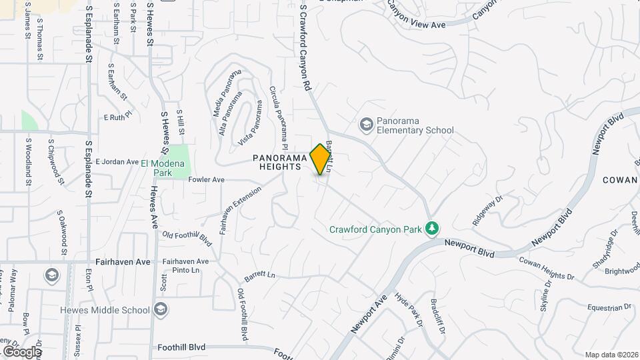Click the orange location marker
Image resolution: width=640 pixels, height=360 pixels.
click(320, 159)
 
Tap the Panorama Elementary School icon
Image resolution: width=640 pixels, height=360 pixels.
click(365, 124)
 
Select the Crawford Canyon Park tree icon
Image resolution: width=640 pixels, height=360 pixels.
click(432, 229)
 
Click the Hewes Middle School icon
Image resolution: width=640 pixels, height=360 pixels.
click(160, 309)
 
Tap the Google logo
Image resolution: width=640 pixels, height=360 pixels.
click(21, 351)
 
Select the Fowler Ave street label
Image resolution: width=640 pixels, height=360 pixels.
click(206, 180)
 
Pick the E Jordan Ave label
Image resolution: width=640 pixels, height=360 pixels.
click(116, 161)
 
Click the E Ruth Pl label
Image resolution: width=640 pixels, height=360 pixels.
click(119, 117)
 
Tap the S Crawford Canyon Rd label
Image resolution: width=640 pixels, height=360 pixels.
click(305, 47)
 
